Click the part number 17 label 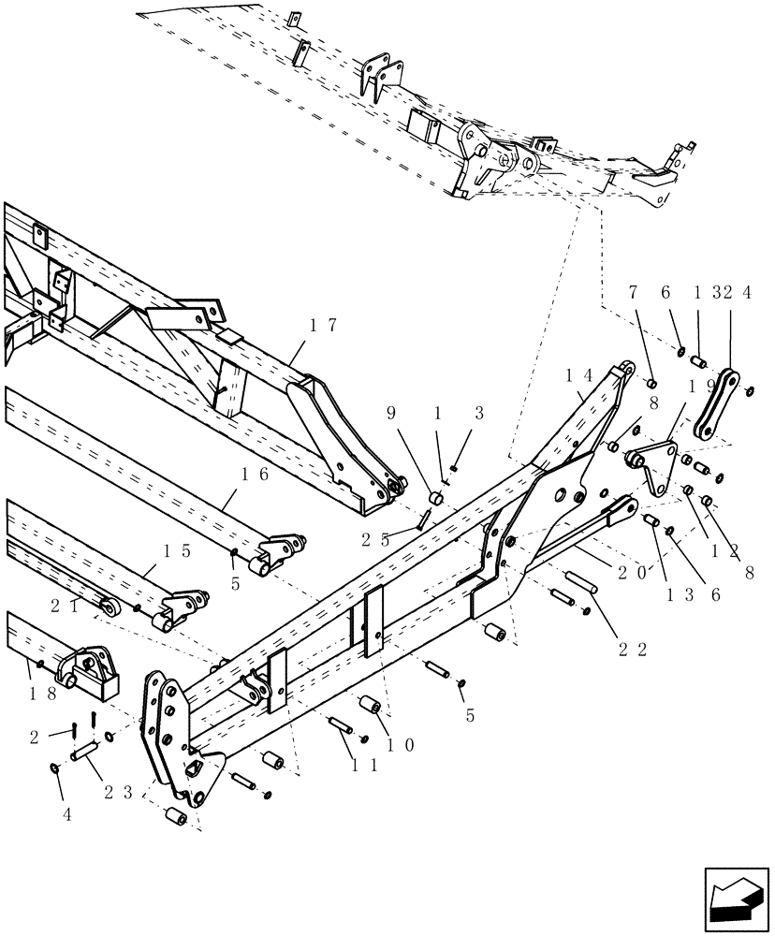(323, 326)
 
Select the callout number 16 (256, 475)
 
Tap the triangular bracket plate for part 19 (661, 469)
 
